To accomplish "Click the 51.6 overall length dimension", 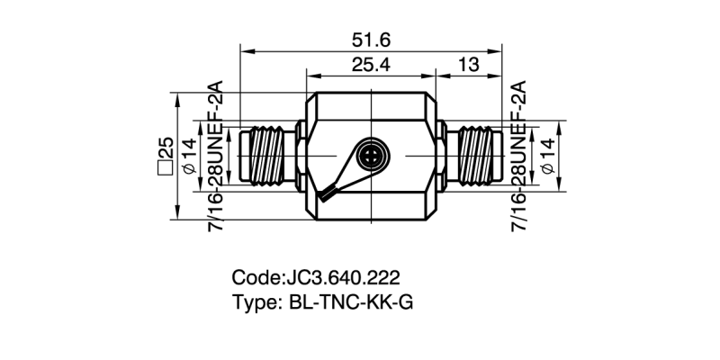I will (x=371, y=40).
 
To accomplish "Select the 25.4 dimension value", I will (x=371, y=67).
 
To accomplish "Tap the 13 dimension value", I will (x=468, y=67).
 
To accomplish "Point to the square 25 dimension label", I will (x=166, y=155).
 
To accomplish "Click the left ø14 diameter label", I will (x=190, y=155).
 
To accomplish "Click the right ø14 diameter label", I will (x=546, y=155).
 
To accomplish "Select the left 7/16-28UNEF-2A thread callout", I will (x=216, y=155).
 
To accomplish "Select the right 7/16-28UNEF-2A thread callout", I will (x=519, y=155).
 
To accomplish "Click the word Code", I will (x=256, y=277).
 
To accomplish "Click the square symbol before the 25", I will (x=166, y=167).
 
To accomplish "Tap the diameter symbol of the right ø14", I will (x=546, y=168).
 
